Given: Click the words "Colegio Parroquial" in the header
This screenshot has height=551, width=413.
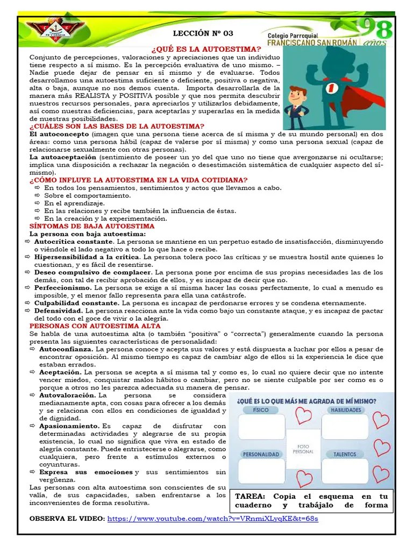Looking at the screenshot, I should coord(293,34).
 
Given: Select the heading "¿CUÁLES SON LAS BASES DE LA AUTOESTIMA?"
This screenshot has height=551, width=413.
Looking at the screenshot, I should coord(117,126).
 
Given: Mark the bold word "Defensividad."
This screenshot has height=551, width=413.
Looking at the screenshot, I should coord(59,311).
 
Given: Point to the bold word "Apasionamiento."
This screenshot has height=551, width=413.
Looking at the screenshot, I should coord(69,426).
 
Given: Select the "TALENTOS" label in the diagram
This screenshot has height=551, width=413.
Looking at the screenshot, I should coord(344,454).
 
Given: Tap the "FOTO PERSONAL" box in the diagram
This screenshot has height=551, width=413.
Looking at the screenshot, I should coord(303,449).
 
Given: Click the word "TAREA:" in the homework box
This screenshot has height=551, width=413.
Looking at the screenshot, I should coord(252,496).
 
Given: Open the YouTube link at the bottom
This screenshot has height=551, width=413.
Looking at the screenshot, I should coord(213,519).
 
